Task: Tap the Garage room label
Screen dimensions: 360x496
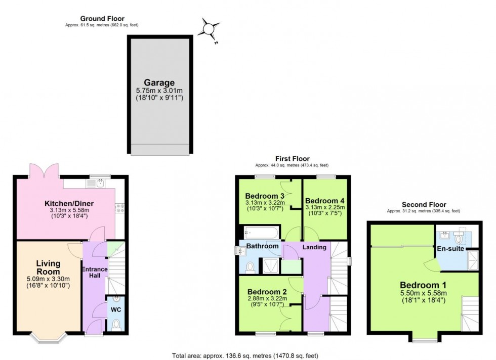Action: click(x=159, y=83)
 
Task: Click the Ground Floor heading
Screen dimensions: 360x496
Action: click(x=102, y=19)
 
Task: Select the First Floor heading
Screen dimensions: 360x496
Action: click(x=292, y=159)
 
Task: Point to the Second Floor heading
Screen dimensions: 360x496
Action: click(x=423, y=205)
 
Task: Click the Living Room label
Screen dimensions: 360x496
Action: click(x=49, y=267)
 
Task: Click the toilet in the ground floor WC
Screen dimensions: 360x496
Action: click(x=116, y=325)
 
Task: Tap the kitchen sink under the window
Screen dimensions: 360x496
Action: click(x=99, y=184)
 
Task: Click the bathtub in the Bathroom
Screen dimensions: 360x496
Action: click(x=260, y=233)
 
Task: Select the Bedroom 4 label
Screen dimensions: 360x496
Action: click(x=324, y=200)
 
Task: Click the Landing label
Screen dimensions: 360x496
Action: click(x=314, y=247)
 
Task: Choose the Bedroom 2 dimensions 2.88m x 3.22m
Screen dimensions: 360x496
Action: click(x=267, y=299)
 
